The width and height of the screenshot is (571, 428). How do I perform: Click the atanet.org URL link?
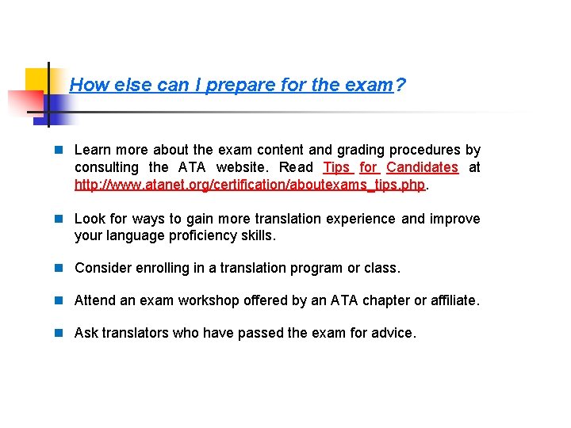point(250,185)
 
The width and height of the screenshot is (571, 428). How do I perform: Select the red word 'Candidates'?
point(422,167)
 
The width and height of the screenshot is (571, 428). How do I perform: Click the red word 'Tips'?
point(337,167)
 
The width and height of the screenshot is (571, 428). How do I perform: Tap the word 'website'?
point(241,167)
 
